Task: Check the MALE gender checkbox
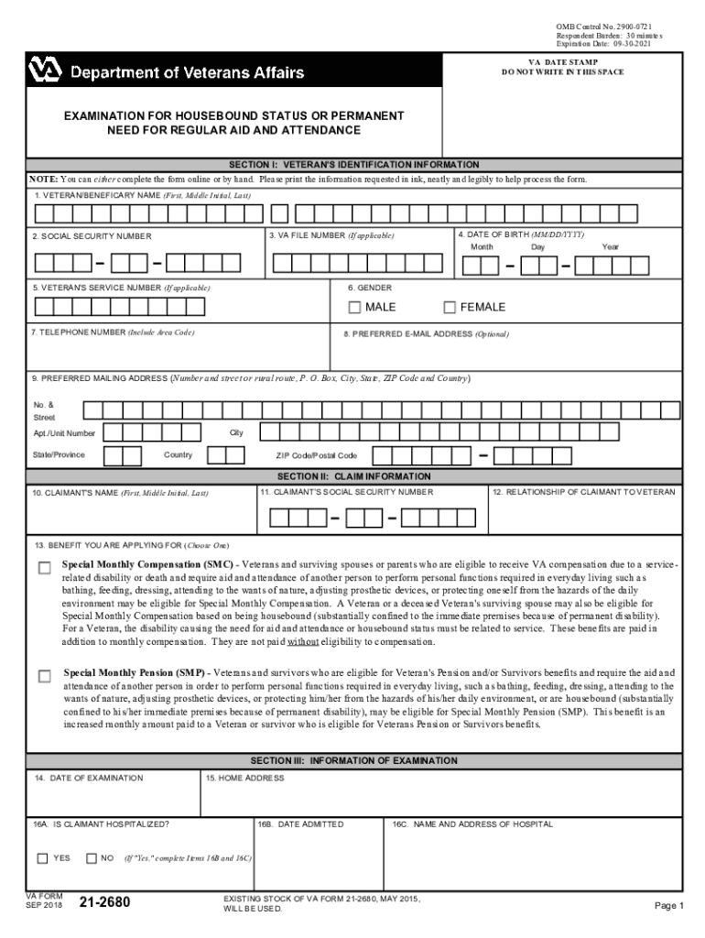coord(354,307)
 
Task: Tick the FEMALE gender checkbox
coord(450,307)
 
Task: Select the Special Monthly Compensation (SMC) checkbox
coord(44,568)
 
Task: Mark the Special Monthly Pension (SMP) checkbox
coord(44,676)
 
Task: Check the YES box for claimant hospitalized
coord(42,858)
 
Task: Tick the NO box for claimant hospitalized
coord(91,858)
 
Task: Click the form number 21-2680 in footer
coord(104,904)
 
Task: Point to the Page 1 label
coord(668,906)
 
